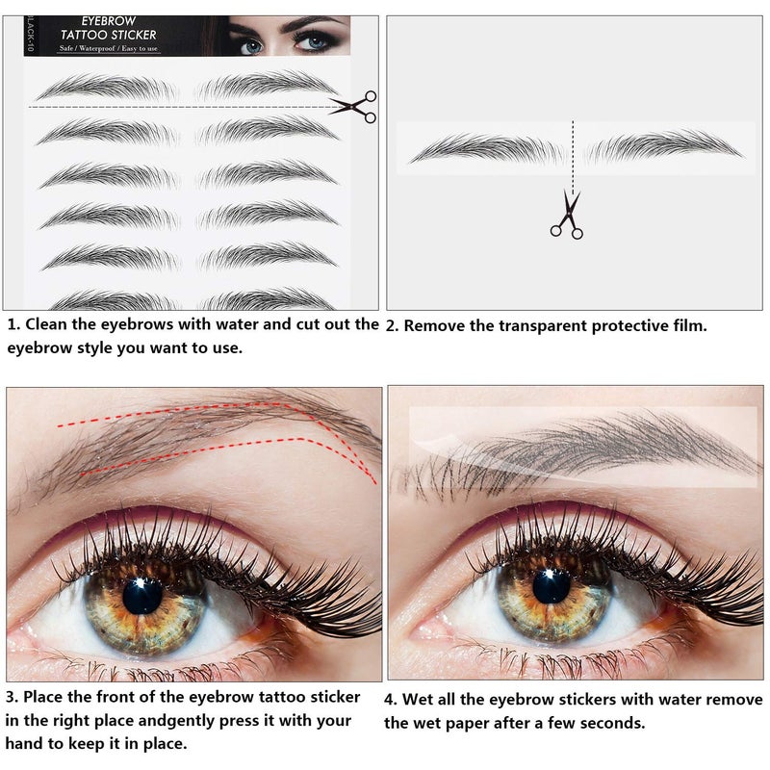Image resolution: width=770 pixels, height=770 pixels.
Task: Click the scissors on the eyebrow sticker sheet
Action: click(352, 107)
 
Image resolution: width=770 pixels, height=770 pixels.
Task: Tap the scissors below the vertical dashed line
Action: click(567, 215)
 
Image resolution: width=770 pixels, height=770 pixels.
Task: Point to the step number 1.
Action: click(13, 324)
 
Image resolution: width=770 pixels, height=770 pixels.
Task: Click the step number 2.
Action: click(392, 326)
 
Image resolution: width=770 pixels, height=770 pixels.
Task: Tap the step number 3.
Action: click(13, 696)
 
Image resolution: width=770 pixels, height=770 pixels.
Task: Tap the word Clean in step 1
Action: click(49, 324)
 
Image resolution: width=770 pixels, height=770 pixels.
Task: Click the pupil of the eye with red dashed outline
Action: click(142, 595)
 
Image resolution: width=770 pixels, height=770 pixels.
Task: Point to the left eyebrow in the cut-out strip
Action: click(487, 149)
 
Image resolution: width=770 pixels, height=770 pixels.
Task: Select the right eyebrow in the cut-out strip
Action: click(663, 146)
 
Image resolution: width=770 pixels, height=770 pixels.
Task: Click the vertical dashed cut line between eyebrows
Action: click(573, 154)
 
